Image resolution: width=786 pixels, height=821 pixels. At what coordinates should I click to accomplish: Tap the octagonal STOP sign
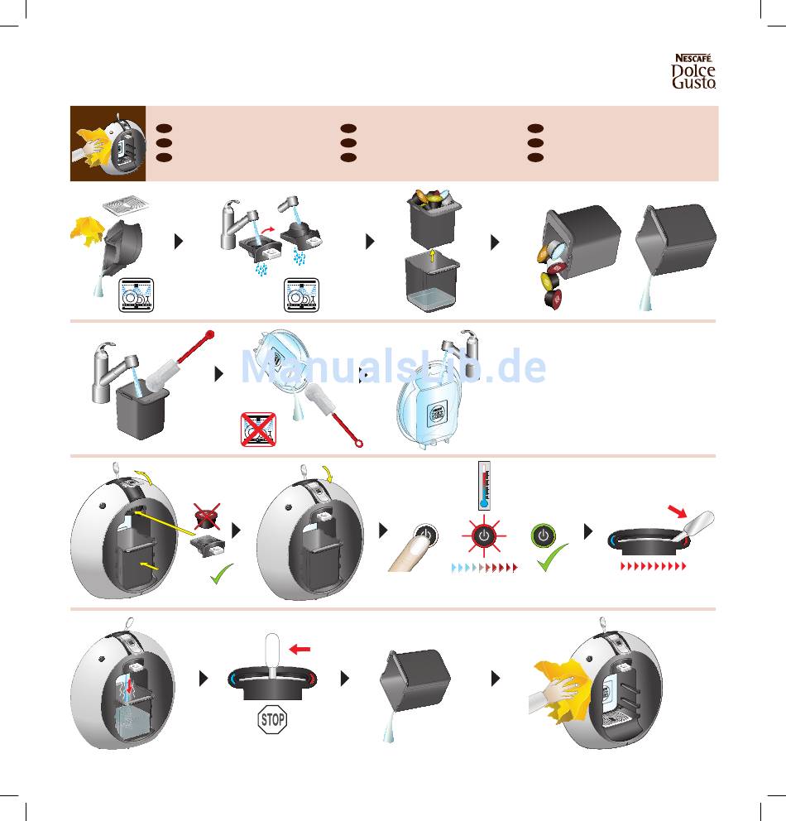click(x=272, y=720)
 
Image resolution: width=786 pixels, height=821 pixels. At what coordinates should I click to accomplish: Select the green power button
click(x=543, y=535)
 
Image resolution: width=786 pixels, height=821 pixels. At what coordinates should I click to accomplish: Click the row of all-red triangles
click(x=654, y=567)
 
